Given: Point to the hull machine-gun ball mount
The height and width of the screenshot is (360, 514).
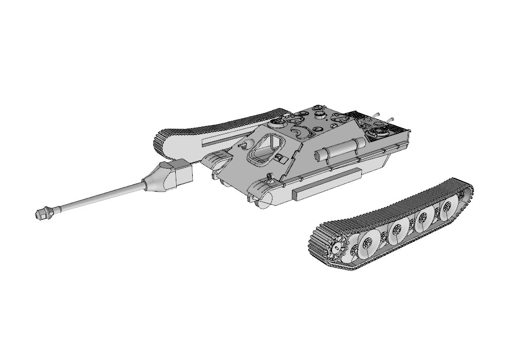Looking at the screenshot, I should point(279,157).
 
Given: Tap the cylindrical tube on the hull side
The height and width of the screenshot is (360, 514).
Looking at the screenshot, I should point(337,150).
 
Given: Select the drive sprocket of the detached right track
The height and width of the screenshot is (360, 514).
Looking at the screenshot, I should point(335,247).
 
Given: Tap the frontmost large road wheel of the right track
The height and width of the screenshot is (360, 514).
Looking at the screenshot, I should point(368,239).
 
